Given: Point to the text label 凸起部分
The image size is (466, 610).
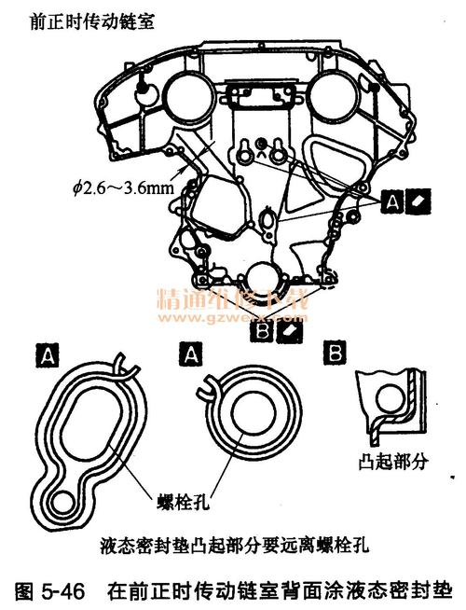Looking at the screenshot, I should point(384,463).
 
